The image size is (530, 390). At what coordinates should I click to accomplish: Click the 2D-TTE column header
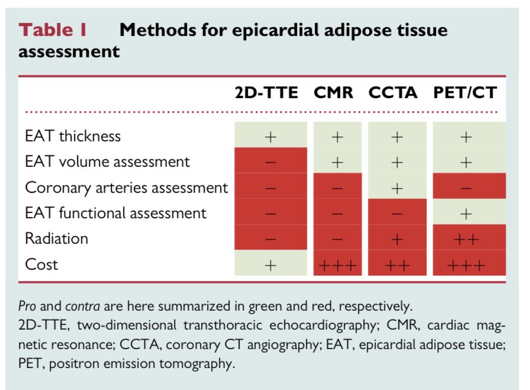tap(270, 92)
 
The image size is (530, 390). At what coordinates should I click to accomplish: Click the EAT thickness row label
tap(73, 136)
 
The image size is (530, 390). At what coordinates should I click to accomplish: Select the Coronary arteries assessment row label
tap(126, 188)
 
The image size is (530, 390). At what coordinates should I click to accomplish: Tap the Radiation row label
tap(56, 238)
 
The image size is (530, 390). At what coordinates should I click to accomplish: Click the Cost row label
tap(41, 264)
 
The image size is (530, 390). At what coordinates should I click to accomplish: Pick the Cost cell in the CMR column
tap(337, 265)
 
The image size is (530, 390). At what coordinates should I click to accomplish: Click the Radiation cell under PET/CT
tap(467, 239)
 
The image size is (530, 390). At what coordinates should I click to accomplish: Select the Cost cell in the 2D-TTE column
tap(270, 265)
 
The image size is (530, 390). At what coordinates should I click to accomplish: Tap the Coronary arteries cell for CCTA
tap(397, 188)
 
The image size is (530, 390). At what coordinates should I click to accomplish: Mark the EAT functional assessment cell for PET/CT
tap(467, 213)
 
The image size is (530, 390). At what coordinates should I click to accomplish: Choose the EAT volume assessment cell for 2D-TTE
tap(270, 162)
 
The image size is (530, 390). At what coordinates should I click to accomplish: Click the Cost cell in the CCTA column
tap(397, 265)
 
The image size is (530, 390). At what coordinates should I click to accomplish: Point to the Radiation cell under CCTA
tap(397, 239)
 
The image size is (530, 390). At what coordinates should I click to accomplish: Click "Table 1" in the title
tap(55, 31)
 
